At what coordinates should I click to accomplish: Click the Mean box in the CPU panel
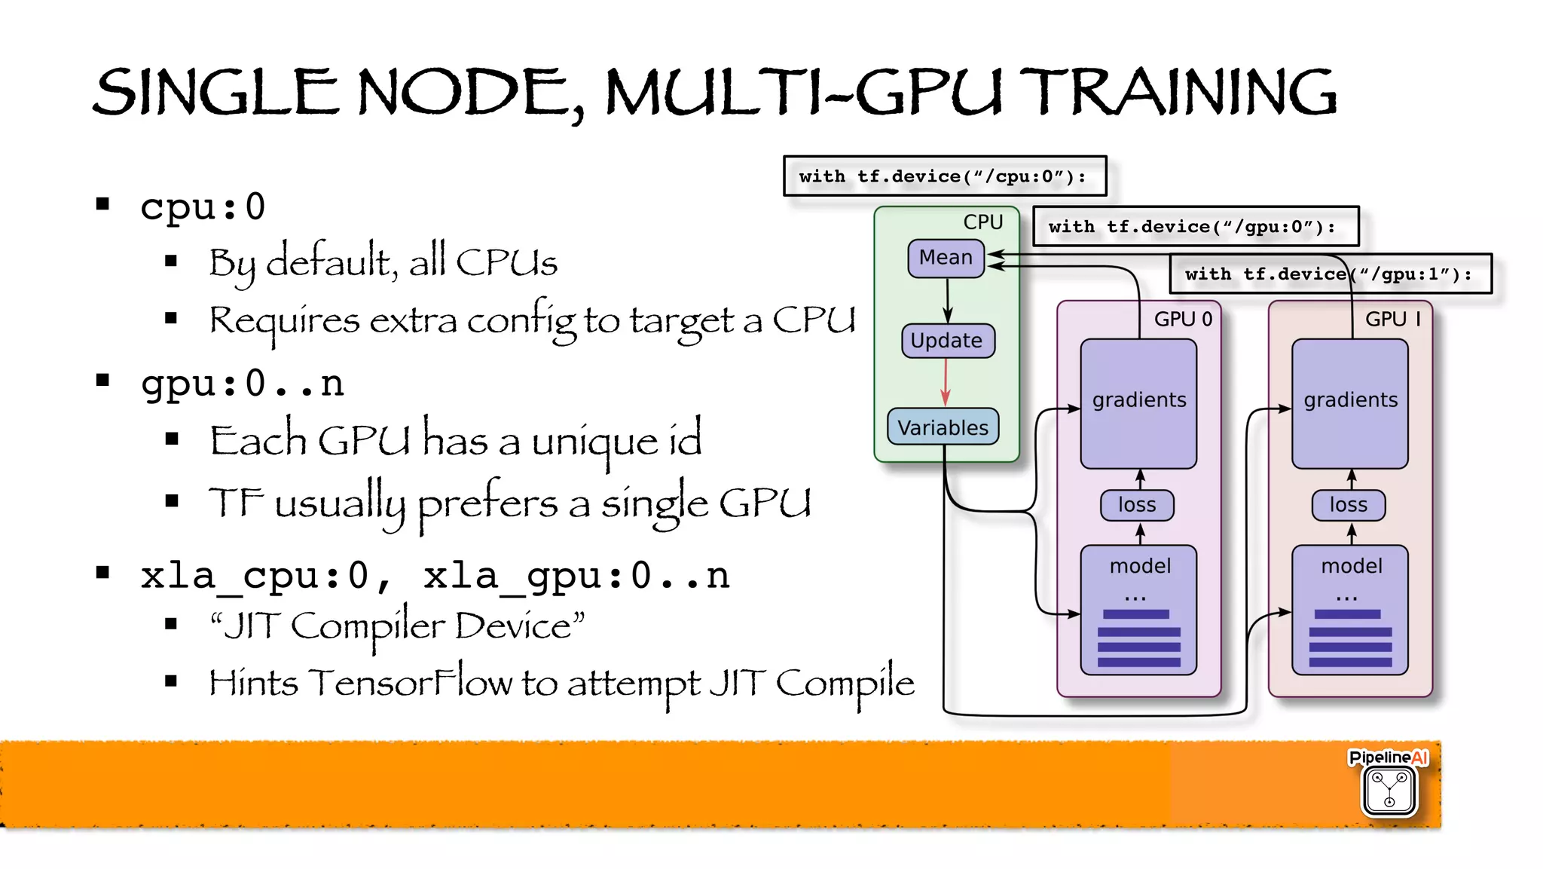[946, 259]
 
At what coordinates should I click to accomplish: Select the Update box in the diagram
[947, 341]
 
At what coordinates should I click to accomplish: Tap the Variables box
[943, 427]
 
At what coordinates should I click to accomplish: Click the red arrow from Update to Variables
[946, 382]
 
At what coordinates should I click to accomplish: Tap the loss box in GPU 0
[1137, 505]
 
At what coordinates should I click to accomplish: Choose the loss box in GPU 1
[1348, 505]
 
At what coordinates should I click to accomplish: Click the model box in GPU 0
[1138, 610]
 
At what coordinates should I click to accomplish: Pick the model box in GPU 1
[1349, 610]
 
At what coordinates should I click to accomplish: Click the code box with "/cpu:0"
[944, 176]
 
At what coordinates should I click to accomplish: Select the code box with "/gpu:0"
[1195, 226]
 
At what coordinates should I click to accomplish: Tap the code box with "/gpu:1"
[1330, 274]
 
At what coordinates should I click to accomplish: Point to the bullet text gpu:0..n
[242, 384]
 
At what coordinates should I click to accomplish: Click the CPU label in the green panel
[982, 222]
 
